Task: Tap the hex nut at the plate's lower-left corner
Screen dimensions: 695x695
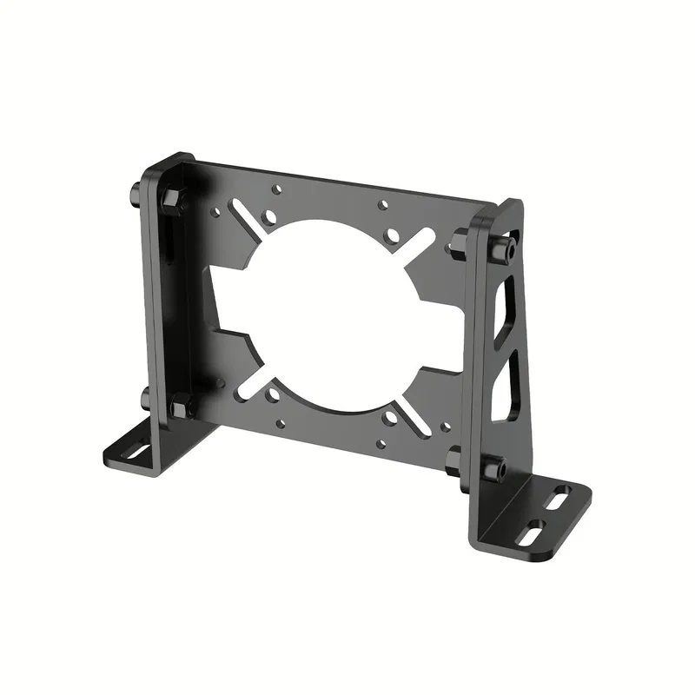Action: pyautogui.click(x=182, y=405)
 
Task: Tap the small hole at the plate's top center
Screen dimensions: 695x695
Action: pyautogui.click(x=383, y=207)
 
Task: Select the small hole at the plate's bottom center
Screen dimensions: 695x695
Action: pyautogui.click(x=381, y=443)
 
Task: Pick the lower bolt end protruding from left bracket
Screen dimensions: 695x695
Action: pyautogui.click(x=144, y=399)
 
